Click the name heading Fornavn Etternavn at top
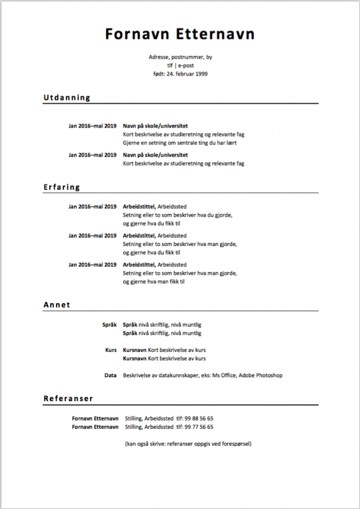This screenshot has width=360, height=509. point(180,34)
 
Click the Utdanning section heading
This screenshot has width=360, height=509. point(67,97)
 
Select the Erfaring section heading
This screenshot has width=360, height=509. point(62,187)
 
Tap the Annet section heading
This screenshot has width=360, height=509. point(57,305)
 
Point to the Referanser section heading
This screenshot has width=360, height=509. point(68,399)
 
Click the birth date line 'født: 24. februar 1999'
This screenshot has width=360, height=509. point(180,74)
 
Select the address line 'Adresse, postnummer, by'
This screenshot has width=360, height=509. point(180,57)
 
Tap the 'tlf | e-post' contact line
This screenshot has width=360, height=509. point(180,65)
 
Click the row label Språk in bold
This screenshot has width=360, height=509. point(109,325)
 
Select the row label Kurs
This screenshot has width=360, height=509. point(110,350)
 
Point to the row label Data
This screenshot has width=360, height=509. point(110,375)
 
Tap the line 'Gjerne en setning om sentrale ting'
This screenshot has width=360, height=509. point(180,143)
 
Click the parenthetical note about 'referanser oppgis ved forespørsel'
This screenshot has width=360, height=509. point(188,443)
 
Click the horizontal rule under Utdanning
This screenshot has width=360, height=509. point(180,103)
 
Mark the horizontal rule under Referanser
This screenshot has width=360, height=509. point(180,405)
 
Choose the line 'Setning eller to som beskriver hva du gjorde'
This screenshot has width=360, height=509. point(178,215)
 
